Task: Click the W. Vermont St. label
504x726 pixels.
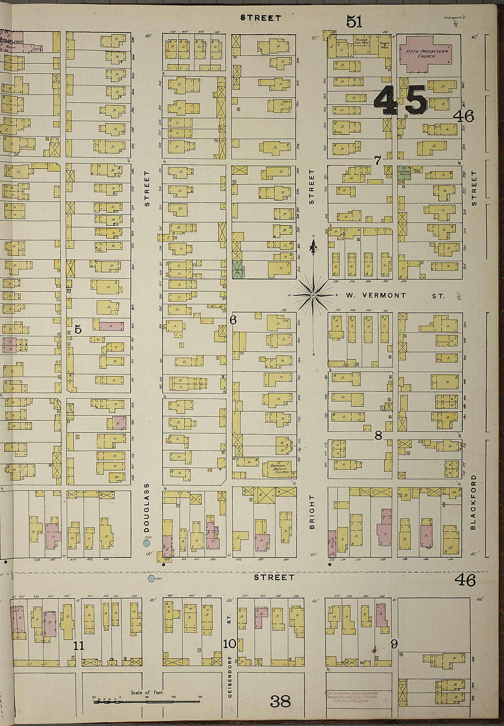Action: point(394,295)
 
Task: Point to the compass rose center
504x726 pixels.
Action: point(313,295)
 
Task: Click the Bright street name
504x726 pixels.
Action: point(312,512)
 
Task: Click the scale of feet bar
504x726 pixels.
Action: point(147,701)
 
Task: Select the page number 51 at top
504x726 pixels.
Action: point(354,21)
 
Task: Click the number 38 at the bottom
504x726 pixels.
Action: point(280,701)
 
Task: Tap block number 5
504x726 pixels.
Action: point(78,329)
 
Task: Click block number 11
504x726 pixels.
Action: point(79,646)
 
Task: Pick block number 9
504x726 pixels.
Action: point(394,644)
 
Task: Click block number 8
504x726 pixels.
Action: point(378,435)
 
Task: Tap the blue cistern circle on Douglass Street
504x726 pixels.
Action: point(147,543)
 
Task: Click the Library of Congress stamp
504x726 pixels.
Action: point(351,697)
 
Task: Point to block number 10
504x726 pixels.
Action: point(229,644)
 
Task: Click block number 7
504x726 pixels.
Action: point(378,160)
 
